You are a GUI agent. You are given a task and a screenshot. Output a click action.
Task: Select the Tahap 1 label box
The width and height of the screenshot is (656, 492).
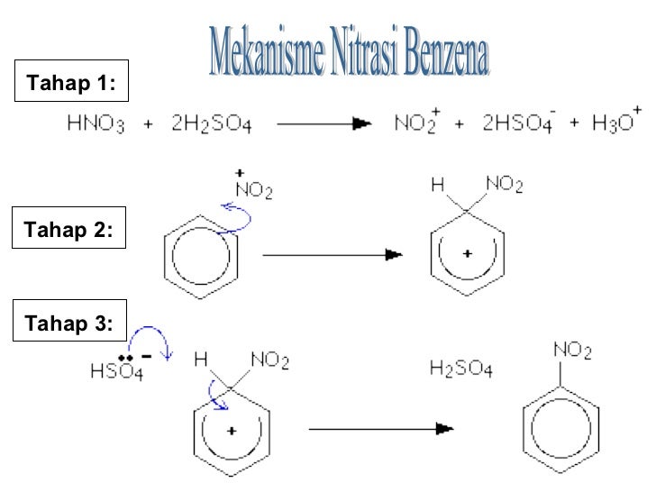point(71,85)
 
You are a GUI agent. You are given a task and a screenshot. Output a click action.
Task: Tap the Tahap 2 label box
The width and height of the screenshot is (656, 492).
point(71,230)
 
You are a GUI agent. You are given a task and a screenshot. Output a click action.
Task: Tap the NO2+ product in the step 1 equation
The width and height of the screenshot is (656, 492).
point(417,123)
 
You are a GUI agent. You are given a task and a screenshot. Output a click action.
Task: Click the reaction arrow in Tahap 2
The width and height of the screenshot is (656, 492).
point(332,255)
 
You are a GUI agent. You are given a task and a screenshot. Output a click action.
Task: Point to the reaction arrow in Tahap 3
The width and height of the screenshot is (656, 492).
point(379,430)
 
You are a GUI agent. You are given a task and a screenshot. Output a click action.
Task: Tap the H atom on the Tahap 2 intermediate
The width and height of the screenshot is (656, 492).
point(438,186)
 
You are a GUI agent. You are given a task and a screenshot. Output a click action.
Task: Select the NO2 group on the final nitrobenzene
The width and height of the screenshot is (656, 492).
point(572,349)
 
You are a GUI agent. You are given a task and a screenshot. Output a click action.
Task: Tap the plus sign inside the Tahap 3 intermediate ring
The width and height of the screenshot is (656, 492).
point(232,431)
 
